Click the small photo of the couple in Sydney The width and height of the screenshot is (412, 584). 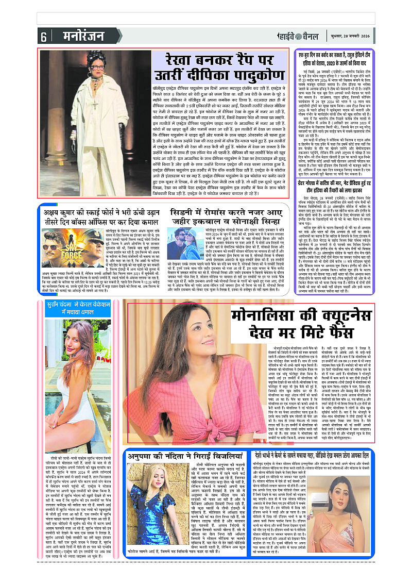pyautogui.click(x=184, y=242)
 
